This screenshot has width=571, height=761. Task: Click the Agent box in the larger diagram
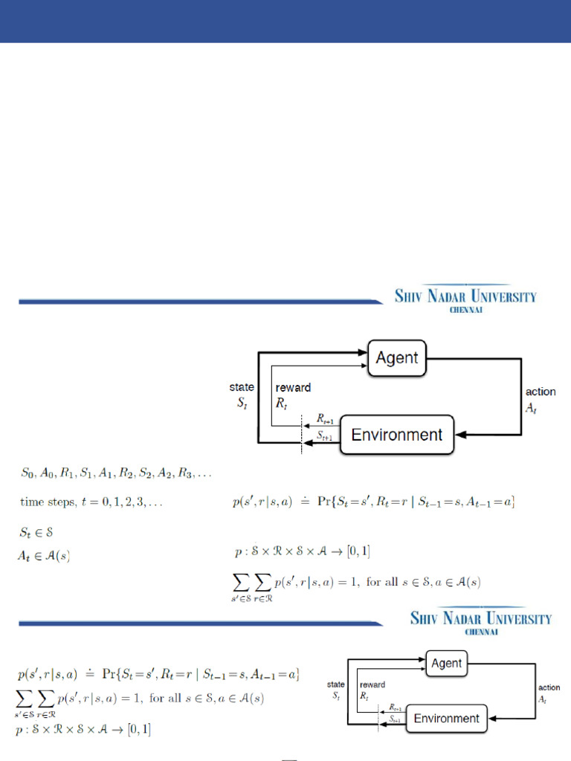pyautogui.click(x=396, y=358)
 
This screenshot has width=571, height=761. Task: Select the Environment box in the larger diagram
pyautogui.click(x=396, y=435)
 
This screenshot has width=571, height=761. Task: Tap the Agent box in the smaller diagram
pyautogui.click(x=446, y=664)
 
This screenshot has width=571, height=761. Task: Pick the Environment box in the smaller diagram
pyautogui.click(x=446, y=719)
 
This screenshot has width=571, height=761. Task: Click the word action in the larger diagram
pyautogui.click(x=541, y=392)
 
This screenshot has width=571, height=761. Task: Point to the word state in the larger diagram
pyautogui.click(x=242, y=387)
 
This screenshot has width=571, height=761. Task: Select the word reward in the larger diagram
pyautogui.click(x=293, y=387)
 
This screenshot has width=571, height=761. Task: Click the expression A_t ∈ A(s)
pyautogui.click(x=44, y=554)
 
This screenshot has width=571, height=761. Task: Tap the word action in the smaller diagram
pyautogui.click(x=549, y=687)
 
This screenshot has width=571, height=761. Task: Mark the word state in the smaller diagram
pyautogui.click(x=335, y=684)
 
